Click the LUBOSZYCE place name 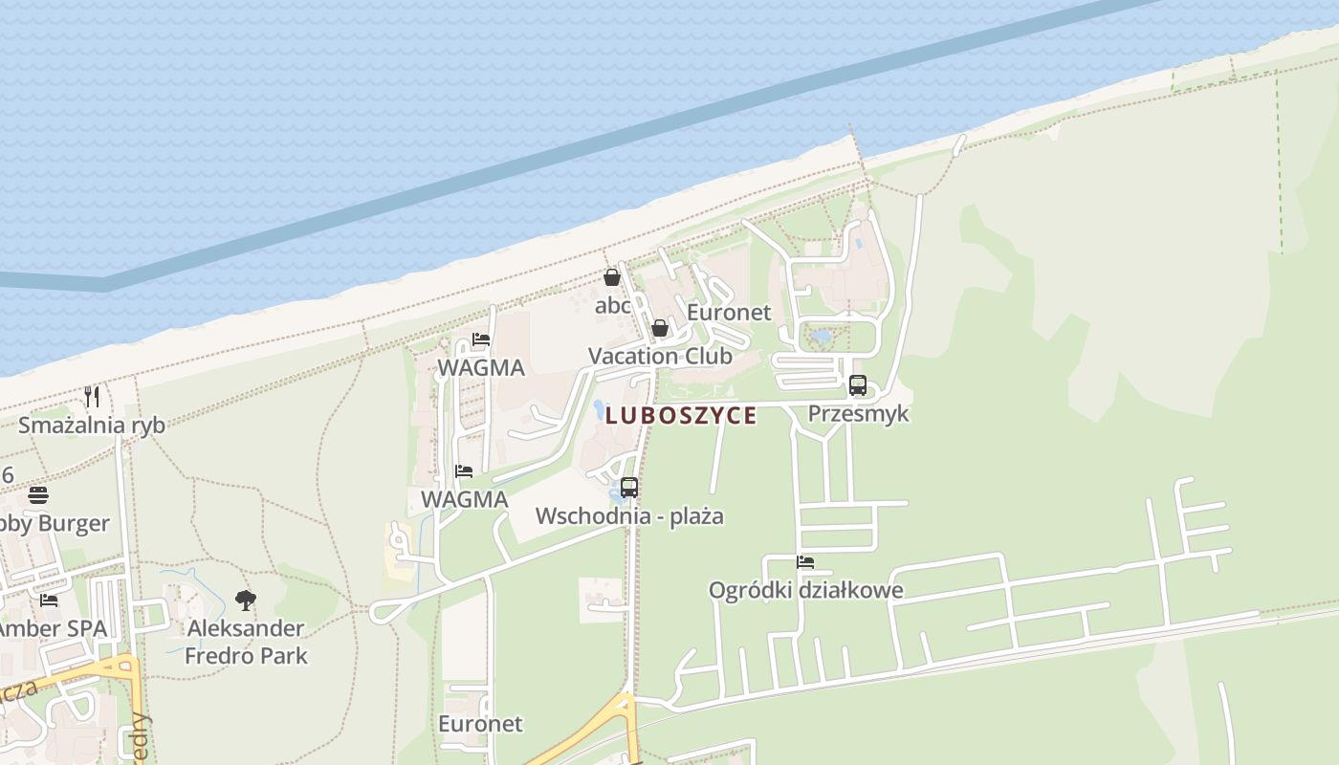680,415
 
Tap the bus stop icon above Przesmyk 858,386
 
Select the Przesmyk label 858,414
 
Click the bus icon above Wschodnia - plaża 628,488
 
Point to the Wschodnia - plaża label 628,516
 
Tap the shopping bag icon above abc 612,277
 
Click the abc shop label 612,306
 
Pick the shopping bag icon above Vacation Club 659,329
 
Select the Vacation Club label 660,357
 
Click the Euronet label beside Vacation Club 729,313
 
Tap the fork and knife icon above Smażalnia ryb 92,396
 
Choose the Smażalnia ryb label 92,426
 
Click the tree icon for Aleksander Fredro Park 246,601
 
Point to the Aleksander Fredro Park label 246,642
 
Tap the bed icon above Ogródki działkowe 805,562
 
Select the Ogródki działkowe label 805,590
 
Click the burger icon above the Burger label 38,495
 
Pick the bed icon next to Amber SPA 49,601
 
